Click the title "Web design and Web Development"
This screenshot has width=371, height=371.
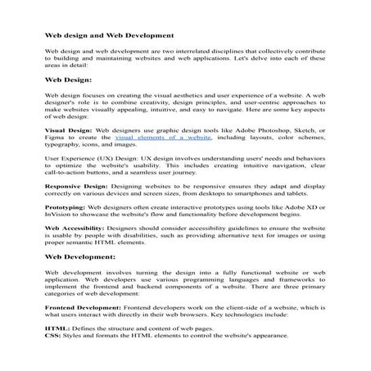(x=108, y=36)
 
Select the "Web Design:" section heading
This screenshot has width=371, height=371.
(x=73, y=80)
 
